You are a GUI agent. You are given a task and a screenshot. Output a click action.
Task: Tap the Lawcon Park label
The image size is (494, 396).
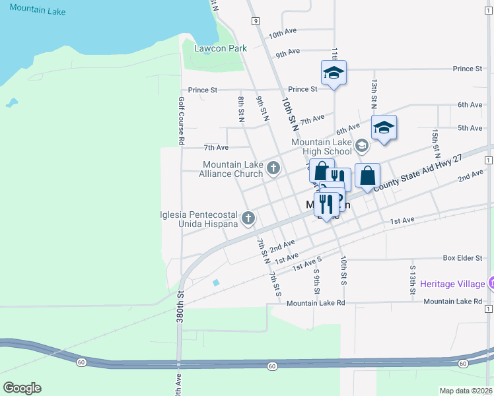pyautogui.click(x=220, y=48)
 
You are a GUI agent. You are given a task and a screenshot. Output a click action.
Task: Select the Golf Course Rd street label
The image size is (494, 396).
pyautogui.click(x=180, y=121)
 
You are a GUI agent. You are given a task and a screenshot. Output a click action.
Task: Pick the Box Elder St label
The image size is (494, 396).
pyautogui.click(x=462, y=257)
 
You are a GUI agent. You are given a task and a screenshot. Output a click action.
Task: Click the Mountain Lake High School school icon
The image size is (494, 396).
pyautogui.click(x=361, y=145)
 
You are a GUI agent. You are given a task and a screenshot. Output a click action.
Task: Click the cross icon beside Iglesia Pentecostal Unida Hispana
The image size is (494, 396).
pyautogui.click(x=248, y=218)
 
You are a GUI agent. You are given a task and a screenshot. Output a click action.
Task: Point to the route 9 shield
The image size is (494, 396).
pyautogui.click(x=255, y=21)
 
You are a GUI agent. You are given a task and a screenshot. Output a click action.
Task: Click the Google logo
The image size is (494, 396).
pyautogui.click(x=22, y=388)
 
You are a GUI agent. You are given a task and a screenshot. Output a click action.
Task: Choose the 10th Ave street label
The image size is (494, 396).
pyautogui.click(x=283, y=32)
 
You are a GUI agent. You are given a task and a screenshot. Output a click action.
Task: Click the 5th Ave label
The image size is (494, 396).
pyautogui.click(x=470, y=127)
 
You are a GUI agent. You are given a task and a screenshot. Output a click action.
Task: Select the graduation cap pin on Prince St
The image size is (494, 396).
pyautogui.click(x=334, y=73)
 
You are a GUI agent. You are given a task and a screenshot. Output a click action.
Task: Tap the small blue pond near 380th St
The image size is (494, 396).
pyautogui.click(x=216, y=283)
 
